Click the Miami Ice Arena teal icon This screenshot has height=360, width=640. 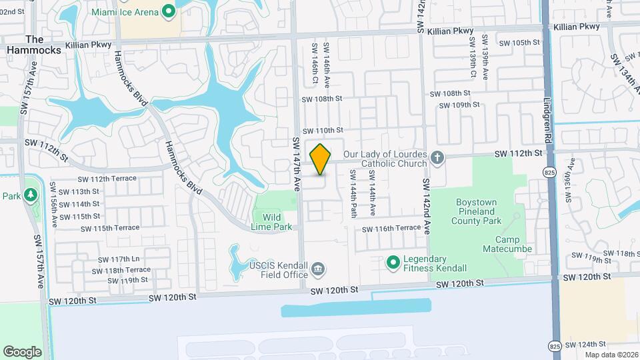169,11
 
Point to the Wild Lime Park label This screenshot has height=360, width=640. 273,222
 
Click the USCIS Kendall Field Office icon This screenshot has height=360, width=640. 319,269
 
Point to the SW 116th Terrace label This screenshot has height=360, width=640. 391,229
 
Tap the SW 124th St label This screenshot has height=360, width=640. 587,343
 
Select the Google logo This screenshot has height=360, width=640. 22,351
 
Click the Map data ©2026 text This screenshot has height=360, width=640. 611,354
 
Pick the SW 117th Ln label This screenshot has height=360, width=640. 117,259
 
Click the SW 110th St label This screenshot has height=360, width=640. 322,131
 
